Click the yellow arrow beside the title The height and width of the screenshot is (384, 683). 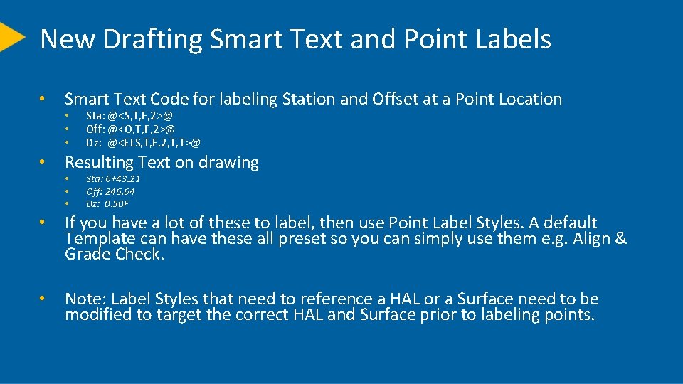click(x=11, y=37)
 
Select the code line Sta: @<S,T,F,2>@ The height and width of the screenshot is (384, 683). click(x=129, y=115)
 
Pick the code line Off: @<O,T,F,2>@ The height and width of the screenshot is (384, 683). click(x=130, y=129)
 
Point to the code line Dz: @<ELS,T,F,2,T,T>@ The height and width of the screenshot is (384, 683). click(x=143, y=143)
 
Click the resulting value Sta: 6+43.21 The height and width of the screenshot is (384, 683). click(x=113, y=179)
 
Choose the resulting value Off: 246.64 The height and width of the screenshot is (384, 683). click(x=110, y=191)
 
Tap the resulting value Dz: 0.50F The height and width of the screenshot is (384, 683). click(x=107, y=203)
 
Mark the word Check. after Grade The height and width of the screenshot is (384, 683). click(x=140, y=255)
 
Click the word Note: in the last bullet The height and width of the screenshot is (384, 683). click(x=85, y=299)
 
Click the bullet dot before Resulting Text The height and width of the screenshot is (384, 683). click(x=43, y=163)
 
